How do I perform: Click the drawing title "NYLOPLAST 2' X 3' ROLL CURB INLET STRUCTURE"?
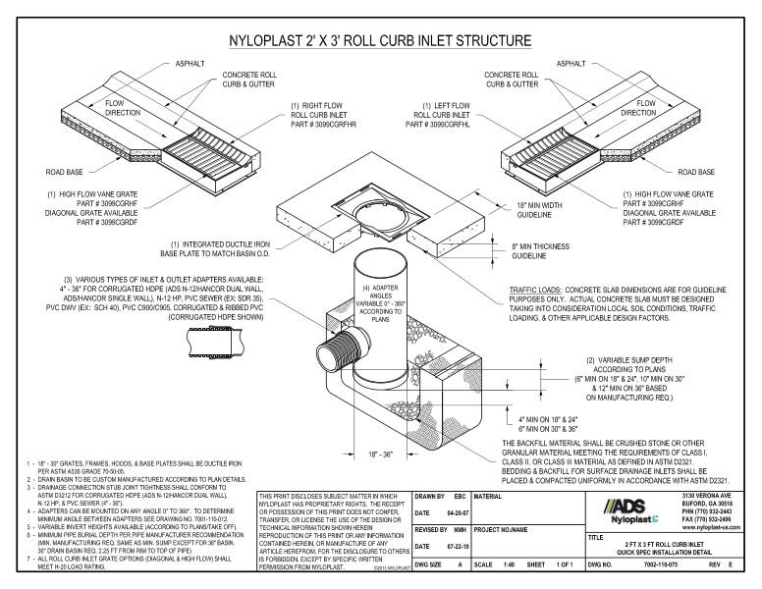point(380,41)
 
